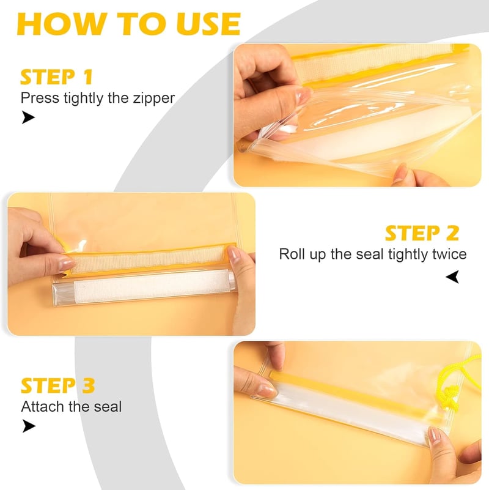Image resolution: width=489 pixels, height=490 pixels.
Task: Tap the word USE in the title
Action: [x=208, y=24]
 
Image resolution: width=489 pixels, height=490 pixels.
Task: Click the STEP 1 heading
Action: [x=56, y=77]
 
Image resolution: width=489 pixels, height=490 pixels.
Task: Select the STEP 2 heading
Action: [x=422, y=233]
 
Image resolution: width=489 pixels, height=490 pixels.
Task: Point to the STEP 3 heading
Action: [x=58, y=385]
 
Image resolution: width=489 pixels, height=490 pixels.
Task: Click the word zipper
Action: [x=153, y=98]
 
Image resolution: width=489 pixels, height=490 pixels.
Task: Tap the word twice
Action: [x=449, y=254]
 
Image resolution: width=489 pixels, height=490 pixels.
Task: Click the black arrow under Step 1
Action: [x=28, y=117]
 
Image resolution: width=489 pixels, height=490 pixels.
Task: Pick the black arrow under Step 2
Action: [x=453, y=277]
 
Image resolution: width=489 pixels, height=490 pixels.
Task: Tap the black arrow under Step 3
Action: [x=29, y=426]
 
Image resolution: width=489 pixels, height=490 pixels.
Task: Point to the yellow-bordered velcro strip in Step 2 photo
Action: [x=147, y=260]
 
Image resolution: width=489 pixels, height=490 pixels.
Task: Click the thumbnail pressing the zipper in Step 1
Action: [x=303, y=95]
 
